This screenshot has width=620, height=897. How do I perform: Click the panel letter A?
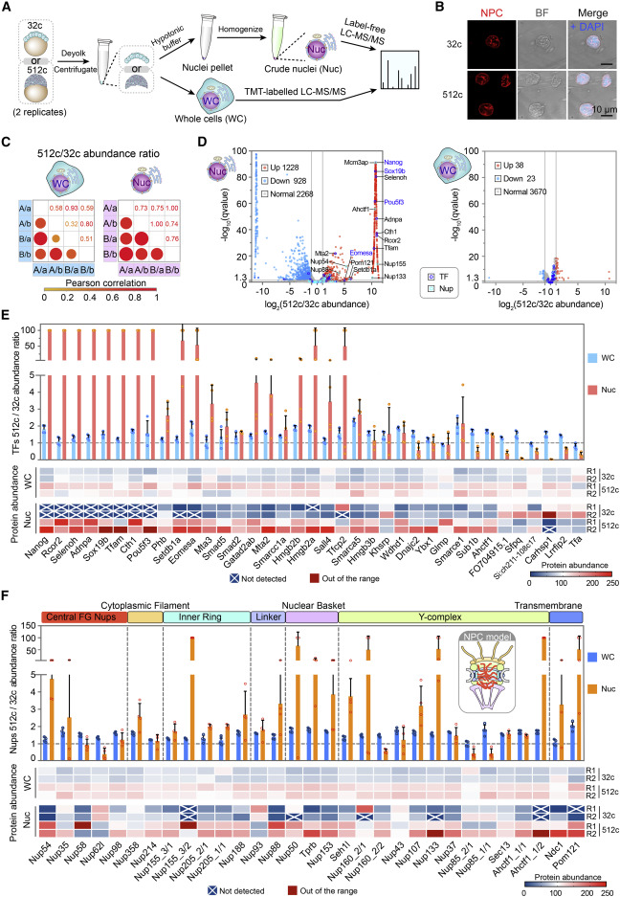tap(9, 8)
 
